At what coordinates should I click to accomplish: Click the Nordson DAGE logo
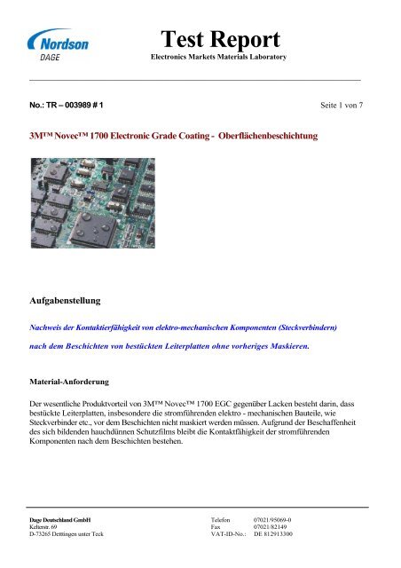pos(59,45)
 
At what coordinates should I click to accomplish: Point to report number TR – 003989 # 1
pos(67,105)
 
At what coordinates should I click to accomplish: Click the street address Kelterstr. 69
pos(44,527)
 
